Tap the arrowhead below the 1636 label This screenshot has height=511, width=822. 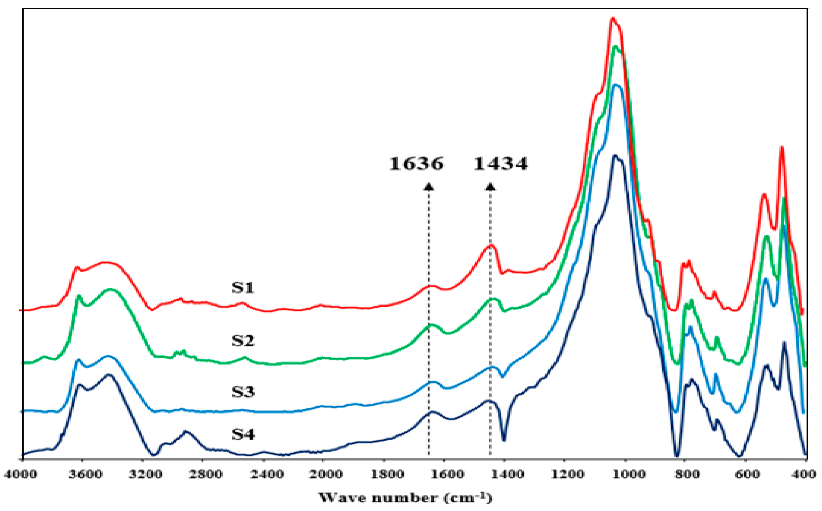pos(429,187)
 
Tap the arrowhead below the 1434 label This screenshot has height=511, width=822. pos(490,187)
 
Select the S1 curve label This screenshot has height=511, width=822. pos(243,287)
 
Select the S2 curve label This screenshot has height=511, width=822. pos(243,340)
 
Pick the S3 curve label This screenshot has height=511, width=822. pos(243,392)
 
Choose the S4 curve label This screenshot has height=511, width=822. pos(243,434)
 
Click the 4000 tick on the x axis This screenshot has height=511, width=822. pos(20,474)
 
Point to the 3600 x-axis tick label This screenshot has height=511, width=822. pos(85,474)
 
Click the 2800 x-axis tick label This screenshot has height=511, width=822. pos(205,474)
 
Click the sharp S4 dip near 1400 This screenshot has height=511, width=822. pos(504,440)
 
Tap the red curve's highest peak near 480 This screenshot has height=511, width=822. pos(781,147)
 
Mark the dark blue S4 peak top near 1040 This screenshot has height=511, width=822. pos(615,156)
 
